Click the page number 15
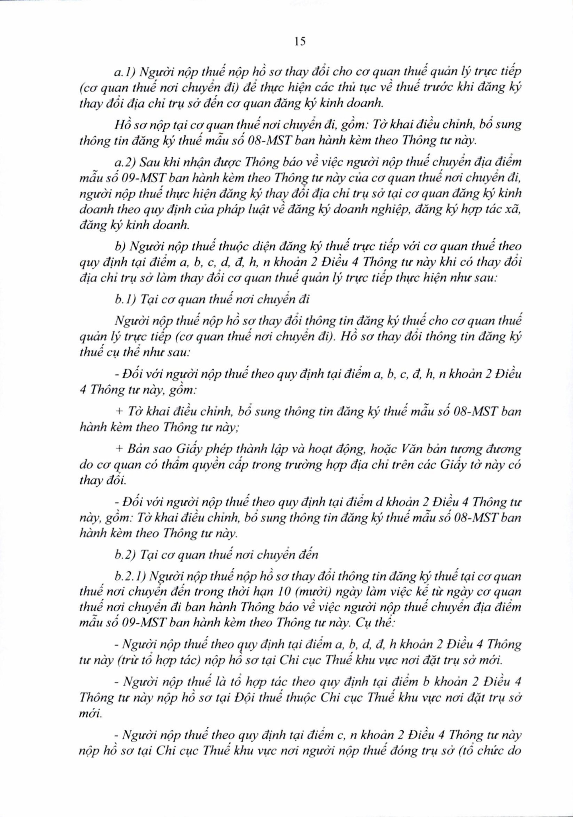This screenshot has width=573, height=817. (300, 42)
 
